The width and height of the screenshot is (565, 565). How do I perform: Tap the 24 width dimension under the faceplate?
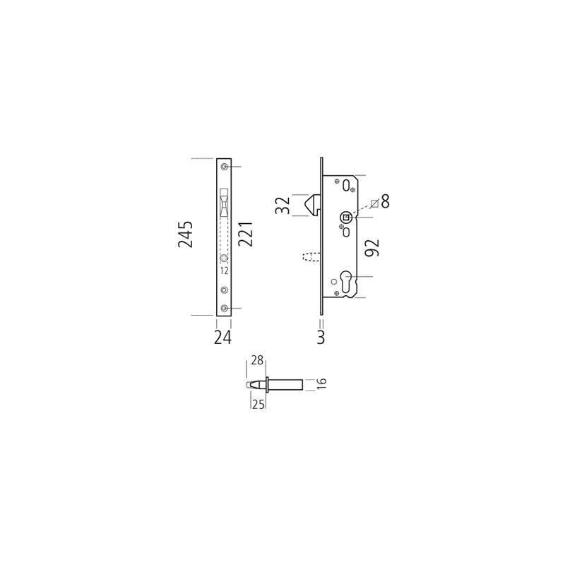pyautogui.click(x=222, y=338)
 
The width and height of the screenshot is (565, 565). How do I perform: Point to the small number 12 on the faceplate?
pyautogui.click(x=224, y=270)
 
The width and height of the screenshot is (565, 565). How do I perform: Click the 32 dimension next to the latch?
pyautogui.click(x=282, y=206)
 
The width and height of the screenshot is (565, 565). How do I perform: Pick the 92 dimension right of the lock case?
pyautogui.click(x=372, y=248)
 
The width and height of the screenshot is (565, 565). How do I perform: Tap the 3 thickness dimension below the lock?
pyautogui.click(x=321, y=338)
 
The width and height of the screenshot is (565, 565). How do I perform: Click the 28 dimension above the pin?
pyautogui.click(x=257, y=360)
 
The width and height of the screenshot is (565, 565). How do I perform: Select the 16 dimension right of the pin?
pyautogui.click(x=322, y=383)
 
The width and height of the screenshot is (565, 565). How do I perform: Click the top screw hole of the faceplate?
pyautogui.click(x=224, y=167)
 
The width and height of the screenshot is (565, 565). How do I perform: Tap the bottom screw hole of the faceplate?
pyautogui.click(x=224, y=308)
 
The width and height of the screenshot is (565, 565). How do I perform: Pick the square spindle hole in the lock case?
pyautogui.click(x=345, y=218)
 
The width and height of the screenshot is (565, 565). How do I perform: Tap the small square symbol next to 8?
pyautogui.click(x=374, y=204)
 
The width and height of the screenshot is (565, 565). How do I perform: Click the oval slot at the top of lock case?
pyautogui.click(x=349, y=186)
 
